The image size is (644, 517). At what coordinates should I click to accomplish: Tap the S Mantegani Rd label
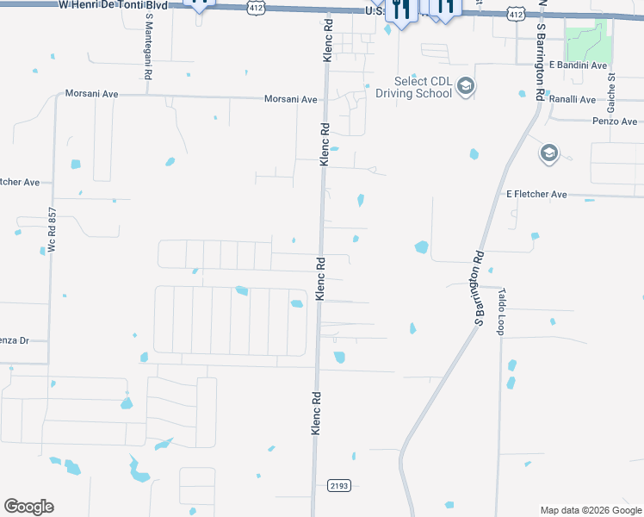pyautogui.click(x=148, y=47)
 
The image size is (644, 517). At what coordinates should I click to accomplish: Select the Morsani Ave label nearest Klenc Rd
pyautogui.click(x=291, y=99)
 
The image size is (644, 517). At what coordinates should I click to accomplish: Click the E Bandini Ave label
pyautogui.click(x=577, y=65)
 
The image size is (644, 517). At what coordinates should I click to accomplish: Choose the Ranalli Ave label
pyautogui.click(x=572, y=99)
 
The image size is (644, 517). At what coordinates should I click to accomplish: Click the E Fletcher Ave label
pyautogui.click(x=536, y=195)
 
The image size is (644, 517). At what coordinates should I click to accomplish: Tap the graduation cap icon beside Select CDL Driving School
pyautogui.click(x=466, y=86)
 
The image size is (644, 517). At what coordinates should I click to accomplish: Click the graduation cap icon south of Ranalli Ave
pyautogui.click(x=548, y=153)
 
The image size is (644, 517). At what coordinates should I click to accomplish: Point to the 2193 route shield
pyautogui.click(x=339, y=486)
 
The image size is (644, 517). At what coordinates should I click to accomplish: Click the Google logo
pyautogui.click(x=28, y=507)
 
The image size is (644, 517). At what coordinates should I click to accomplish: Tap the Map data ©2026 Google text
pyautogui.click(x=590, y=510)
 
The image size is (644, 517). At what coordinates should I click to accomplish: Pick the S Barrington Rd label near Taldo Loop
pyautogui.click(x=479, y=288)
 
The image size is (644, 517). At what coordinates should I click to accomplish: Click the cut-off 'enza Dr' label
pyautogui.click(x=14, y=340)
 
